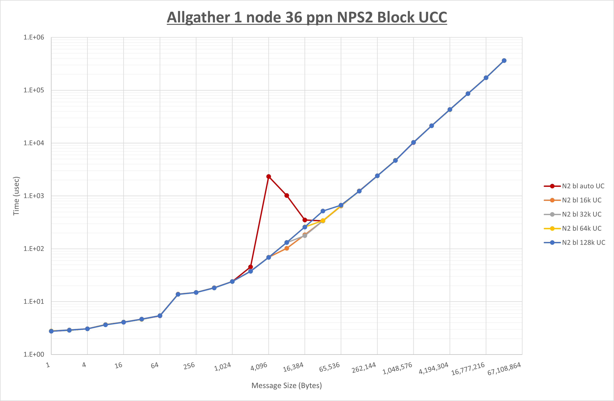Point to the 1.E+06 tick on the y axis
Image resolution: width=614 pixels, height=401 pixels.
[x=34, y=37]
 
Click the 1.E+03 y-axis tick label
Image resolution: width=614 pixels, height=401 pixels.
[x=34, y=196]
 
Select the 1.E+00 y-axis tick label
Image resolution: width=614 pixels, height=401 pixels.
[x=34, y=354]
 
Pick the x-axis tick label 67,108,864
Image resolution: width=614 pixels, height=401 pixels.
[x=504, y=369]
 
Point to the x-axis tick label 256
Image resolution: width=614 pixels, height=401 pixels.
[x=189, y=366]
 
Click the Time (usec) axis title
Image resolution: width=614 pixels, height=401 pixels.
[x=16, y=196]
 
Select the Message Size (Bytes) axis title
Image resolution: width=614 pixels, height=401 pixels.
[x=287, y=385]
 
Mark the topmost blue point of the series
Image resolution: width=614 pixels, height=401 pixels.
[x=504, y=61]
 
